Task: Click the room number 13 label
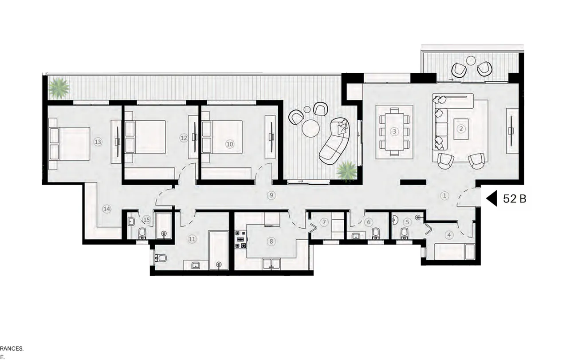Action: [98, 142]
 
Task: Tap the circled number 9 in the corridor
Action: [270, 195]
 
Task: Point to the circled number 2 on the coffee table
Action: [461, 129]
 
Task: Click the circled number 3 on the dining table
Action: [394, 131]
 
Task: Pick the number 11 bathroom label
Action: [192, 239]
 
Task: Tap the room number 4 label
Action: [449, 235]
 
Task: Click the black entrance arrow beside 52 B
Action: [492, 199]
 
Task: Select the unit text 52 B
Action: [515, 199]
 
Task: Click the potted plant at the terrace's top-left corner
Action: [59, 88]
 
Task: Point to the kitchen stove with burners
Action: [240, 240]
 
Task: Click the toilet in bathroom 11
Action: [161, 258]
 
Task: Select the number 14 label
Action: [106, 209]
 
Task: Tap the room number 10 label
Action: [229, 144]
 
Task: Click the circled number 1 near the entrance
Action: [444, 195]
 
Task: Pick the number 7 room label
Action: [324, 222]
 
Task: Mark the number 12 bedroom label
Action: [184, 138]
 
